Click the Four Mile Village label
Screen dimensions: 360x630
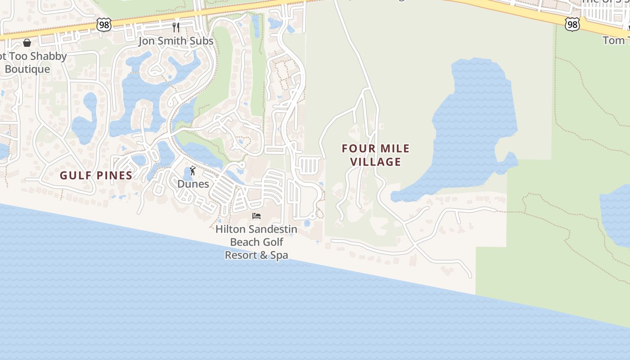tap(376, 155)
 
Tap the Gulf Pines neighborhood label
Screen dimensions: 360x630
tap(96, 175)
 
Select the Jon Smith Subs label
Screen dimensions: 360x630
tap(176, 41)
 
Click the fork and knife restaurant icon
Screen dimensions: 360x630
tap(176, 27)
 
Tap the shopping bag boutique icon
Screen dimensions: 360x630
tap(27, 43)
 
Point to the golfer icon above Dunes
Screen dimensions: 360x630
tap(193, 171)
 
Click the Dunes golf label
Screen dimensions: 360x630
tap(193, 184)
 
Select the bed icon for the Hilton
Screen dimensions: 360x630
tap(256, 216)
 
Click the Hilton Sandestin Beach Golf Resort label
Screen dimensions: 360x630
tap(256, 242)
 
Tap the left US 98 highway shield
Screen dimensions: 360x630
tap(104, 25)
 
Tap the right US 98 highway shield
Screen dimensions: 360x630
tap(572, 24)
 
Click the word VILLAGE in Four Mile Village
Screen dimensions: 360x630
tap(376, 162)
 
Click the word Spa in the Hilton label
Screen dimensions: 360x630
tap(279, 255)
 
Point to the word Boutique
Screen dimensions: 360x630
tap(27, 69)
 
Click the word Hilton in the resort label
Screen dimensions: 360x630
tap(231, 229)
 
